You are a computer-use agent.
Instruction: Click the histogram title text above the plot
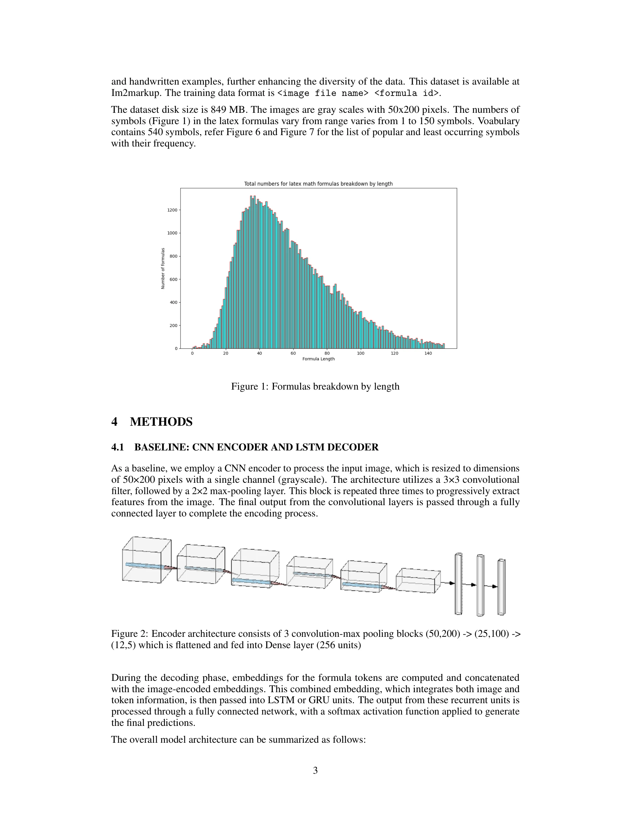coord(318,184)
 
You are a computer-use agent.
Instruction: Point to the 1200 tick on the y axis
coord(172,210)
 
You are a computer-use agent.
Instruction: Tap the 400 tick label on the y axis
coord(173,302)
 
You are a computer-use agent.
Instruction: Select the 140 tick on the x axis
coord(428,353)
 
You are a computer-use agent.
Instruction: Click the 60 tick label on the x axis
coord(293,353)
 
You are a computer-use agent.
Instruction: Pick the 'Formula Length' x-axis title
coord(318,359)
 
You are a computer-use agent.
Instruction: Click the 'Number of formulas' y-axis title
coord(163,268)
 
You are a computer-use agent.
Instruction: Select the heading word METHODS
coord(161,422)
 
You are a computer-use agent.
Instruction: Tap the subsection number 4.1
coord(118,447)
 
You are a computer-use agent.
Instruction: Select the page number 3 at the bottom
coord(315,770)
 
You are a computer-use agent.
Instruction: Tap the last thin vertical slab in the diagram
coord(501,587)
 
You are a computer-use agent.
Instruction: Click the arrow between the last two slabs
coord(491,586)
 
